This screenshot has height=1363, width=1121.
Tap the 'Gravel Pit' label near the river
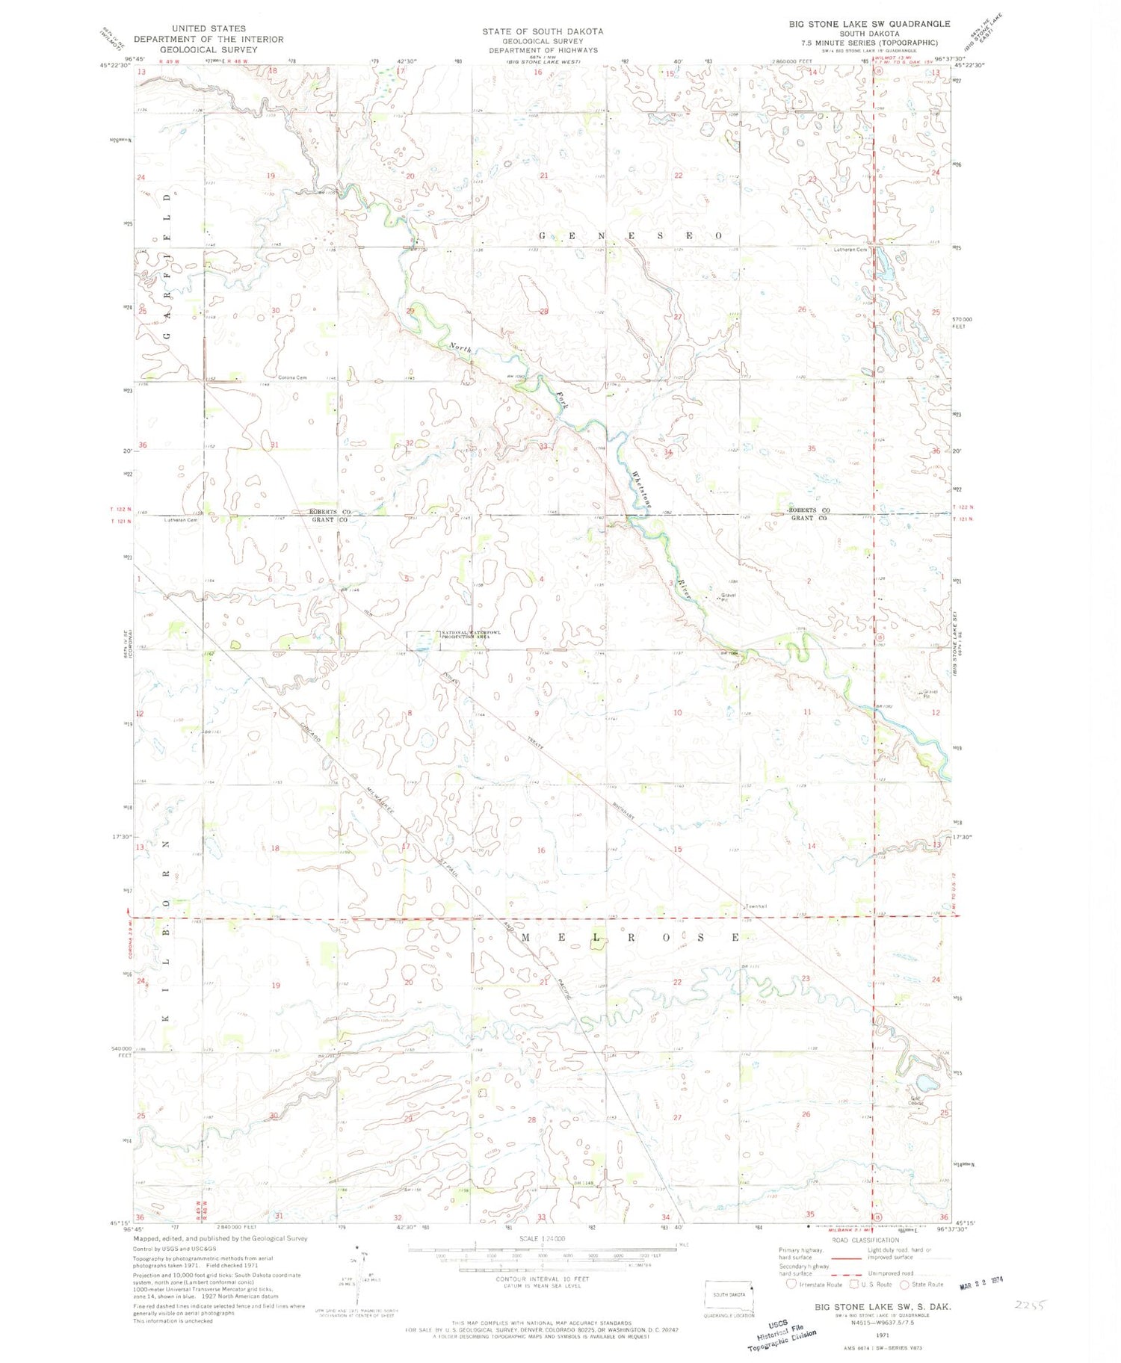(x=728, y=597)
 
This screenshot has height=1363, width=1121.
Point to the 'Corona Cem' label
(x=292, y=377)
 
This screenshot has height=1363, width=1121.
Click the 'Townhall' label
(x=756, y=906)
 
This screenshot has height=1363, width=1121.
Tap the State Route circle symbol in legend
(x=904, y=1285)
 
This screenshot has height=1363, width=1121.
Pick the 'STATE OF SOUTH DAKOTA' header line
(x=542, y=31)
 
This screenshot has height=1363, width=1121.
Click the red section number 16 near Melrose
(x=541, y=850)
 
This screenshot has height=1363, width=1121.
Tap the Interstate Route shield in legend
(x=791, y=1285)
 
